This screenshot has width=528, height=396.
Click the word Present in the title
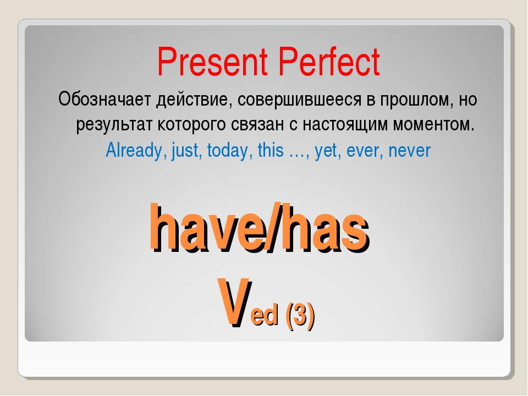(x=212, y=62)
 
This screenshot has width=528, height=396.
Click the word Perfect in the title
(x=329, y=62)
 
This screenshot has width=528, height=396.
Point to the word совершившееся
(x=299, y=100)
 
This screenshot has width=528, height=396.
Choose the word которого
(x=191, y=125)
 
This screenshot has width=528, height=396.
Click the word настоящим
(x=345, y=125)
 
